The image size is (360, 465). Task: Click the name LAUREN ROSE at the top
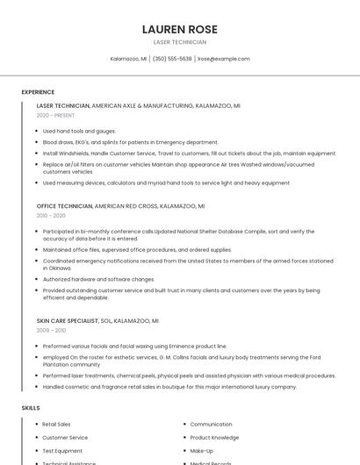coord(179,29)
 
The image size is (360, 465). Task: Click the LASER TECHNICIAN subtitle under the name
coord(179,42)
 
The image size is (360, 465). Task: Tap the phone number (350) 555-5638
coord(172,59)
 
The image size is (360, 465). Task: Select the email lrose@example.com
coord(223,59)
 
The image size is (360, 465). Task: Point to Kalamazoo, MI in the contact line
coord(128,59)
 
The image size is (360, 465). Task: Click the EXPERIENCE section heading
coord(38,92)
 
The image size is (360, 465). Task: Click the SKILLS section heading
coord(31,408)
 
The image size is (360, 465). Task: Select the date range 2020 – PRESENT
coord(55,115)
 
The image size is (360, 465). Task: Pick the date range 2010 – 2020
coord(51,215)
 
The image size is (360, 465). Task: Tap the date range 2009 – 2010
coord(51,330)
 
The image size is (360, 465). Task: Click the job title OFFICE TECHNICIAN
coord(64,206)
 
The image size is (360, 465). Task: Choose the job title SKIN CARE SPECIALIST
coord(68,321)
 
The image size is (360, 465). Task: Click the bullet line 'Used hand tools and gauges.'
coord(79,131)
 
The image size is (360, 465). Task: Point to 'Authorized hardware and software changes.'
coord(98,279)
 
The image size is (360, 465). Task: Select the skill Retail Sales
coord(56,425)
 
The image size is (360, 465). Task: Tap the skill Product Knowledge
coord(214,438)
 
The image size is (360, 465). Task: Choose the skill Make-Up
coord(202,451)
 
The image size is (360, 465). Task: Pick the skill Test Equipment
coord(62,451)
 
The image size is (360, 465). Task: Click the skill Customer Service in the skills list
coord(65,438)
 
